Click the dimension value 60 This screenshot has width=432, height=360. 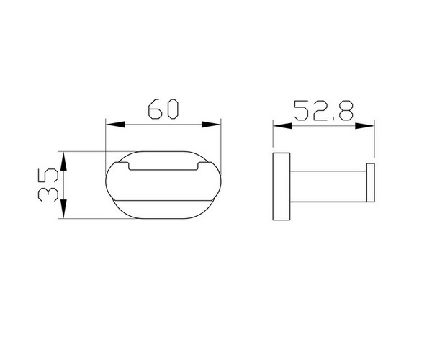tap(163, 109)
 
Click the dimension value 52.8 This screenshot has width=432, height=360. tap(324, 111)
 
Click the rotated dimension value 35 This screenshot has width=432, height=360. tap(48, 184)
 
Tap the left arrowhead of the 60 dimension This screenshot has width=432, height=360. tap(115, 125)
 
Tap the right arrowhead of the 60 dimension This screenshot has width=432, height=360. tap(211, 125)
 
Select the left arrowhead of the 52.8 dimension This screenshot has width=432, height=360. tap(283, 126)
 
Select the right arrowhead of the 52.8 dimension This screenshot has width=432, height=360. tap(364, 126)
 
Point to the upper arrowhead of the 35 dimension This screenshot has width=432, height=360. tap(63, 161)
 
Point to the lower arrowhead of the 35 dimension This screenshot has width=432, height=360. tap(63, 209)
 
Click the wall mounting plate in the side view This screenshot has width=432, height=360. tap(282, 186)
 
